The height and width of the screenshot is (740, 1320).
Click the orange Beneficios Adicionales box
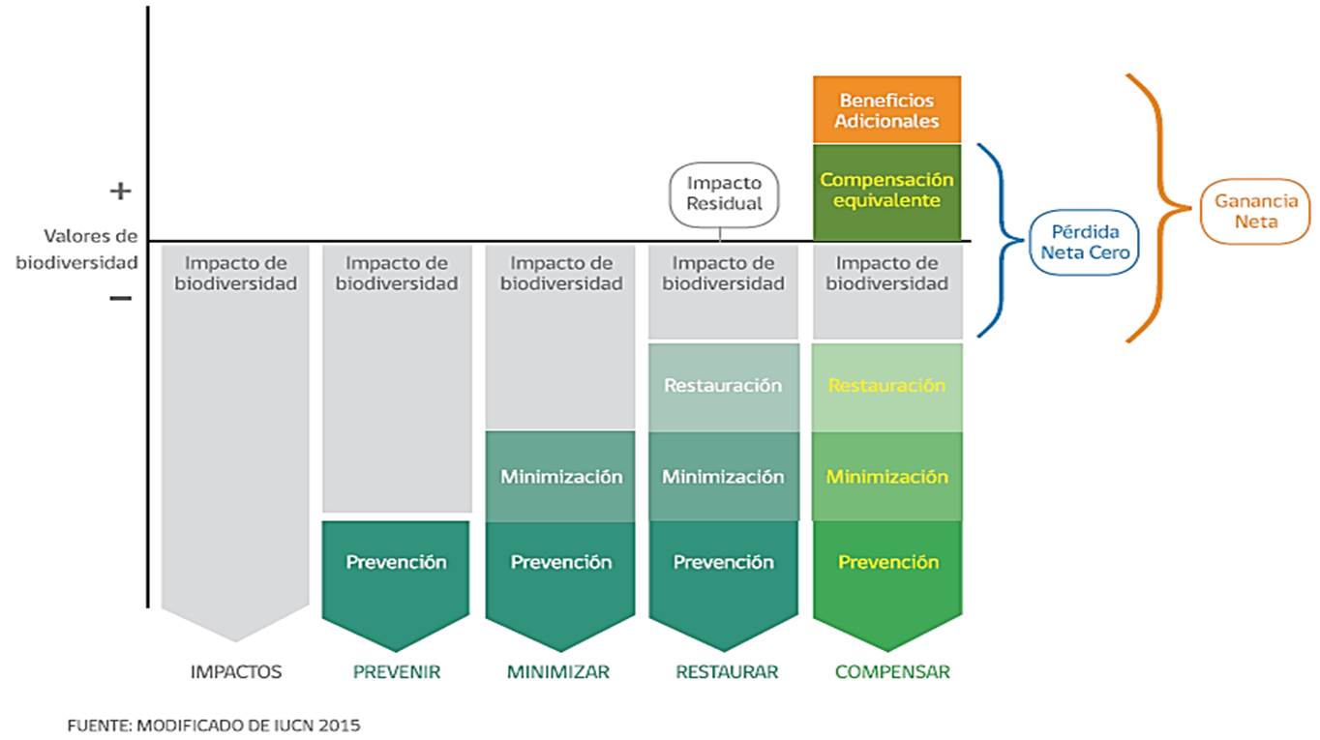[x=887, y=110]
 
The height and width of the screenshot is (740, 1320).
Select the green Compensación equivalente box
[x=887, y=191]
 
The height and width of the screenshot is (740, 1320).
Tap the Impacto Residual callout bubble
[x=724, y=193]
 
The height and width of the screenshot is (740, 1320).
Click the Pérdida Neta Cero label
[x=1084, y=242]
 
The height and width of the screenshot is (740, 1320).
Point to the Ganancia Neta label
[x=1255, y=212]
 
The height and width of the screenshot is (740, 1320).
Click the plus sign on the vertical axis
[x=120, y=192]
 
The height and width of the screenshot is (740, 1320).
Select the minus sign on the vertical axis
[x=120, y=298]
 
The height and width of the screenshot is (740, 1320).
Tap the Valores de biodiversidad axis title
[x=76, y=249]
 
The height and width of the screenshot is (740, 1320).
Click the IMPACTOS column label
[x=235, y=671]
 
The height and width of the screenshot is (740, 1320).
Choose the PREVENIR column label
[x=397, y=671]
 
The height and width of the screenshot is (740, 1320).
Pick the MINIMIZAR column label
[x=559, y=671]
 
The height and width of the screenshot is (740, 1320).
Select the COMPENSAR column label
[x=892, y=671]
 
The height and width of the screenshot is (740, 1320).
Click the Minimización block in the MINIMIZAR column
[x=560, y=477]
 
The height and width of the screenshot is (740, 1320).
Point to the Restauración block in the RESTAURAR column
[x=723, y=385]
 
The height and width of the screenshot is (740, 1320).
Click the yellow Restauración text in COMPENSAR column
[x=887, y=385]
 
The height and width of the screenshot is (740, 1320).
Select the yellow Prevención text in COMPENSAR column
[x=888, y=562]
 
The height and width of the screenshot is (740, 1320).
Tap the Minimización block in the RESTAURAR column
[x=723, y=477]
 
